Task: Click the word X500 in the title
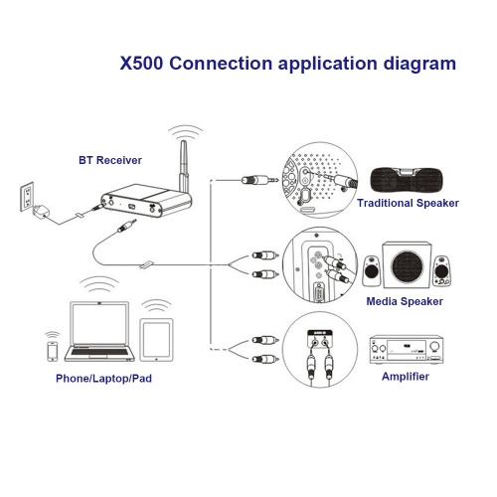[x=141, y=63]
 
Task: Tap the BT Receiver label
[x=110, y=160]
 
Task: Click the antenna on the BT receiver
[x=183, y=166]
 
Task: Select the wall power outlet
[x=27, y=196]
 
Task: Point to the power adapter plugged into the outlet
[x=41, y=211]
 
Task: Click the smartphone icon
[x=52, y=351]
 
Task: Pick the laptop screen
[x=99, y=324]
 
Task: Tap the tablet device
[x=156, y=340]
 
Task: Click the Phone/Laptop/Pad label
[x=103, y=379]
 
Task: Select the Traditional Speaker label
[x=408, y=203]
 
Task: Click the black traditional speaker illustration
[x=407, y=180]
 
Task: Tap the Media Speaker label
[x=405, y=301]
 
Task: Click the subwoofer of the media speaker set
[x=407, y=264]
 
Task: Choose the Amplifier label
[x=406, y=377]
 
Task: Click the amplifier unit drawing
[x=407, y=350]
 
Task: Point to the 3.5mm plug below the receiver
[x=126, y=227]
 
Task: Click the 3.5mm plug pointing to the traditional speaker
[x=260, y=180]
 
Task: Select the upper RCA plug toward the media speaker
[x=265, y=255]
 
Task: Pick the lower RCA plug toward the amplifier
[x=265, y=359]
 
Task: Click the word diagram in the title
[x=419, y=64]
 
